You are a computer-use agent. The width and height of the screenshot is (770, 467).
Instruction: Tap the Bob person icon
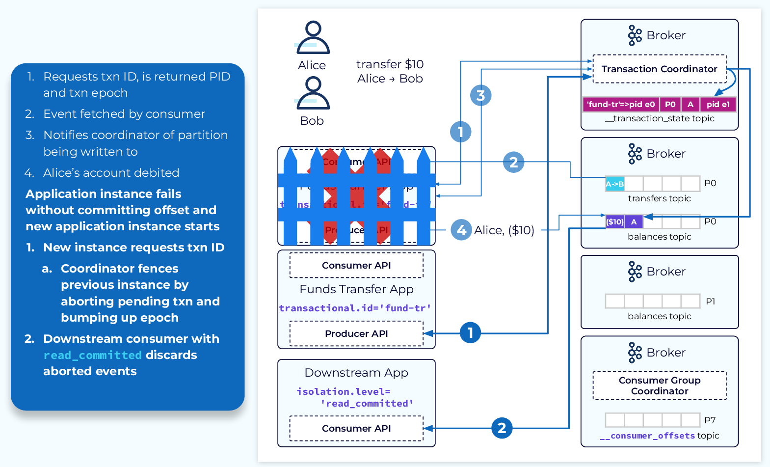(x=313, y=93)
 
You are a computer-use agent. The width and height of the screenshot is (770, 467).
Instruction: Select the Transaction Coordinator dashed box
(x=659, y=69)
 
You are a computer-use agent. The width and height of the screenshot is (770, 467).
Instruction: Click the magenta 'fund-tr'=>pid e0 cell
(x=621, y=104)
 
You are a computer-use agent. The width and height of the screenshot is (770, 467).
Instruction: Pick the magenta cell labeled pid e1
(x=718, y=104)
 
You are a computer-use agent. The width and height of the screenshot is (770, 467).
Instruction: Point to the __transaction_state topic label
(x=659, y=118)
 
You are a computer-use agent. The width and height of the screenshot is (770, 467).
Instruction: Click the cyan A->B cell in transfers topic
(x=614, y=184)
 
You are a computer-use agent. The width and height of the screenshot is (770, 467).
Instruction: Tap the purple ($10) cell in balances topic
(x=615, y=222)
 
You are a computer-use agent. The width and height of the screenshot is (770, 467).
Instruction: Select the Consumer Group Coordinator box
(x=659, y=385)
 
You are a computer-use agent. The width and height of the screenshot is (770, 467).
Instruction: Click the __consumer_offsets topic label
(x=659, y=436)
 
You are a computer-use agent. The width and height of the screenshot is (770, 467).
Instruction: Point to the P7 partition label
(x=710, y=420)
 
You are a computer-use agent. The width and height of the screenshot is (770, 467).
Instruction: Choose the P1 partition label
(x=710, y=302)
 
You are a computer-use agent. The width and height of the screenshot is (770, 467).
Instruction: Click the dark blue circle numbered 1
(x=470, y=333)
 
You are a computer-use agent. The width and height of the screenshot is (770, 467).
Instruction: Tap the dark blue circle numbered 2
(x=502, y=428)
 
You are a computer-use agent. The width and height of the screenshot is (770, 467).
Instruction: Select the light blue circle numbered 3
(x=480, y=95)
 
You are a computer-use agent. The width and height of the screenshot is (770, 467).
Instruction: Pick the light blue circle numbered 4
(x=461, y=230)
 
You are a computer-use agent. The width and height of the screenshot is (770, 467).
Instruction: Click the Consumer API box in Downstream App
(x=356, y=428)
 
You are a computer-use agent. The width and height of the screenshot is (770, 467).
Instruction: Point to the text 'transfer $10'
(x=390, y=64)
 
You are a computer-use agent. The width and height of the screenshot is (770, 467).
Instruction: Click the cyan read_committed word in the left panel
(x=92, y=355)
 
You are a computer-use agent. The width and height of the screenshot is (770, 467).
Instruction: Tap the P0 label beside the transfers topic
(x=710, y=183)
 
